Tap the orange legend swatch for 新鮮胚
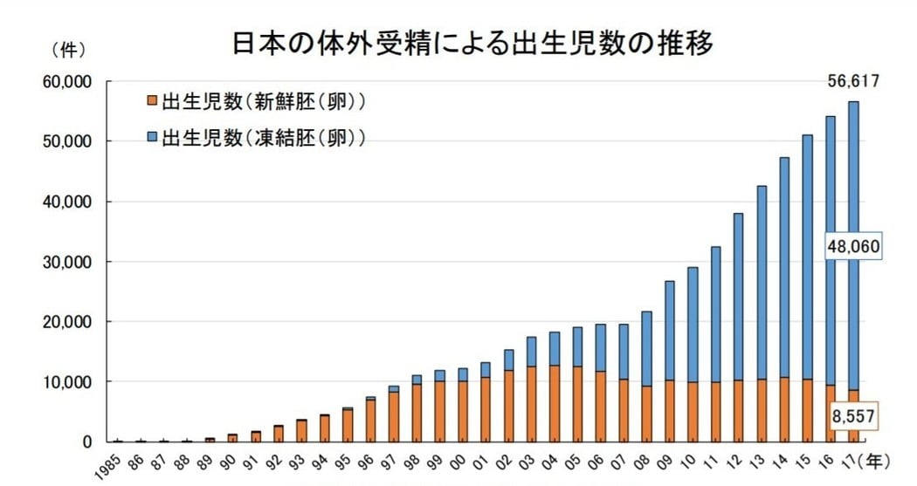click(x=152, y=102)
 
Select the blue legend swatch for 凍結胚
click(x=152, y=138)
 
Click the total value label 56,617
click(x=851, y=82)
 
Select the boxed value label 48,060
click(x=851, y=247)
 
